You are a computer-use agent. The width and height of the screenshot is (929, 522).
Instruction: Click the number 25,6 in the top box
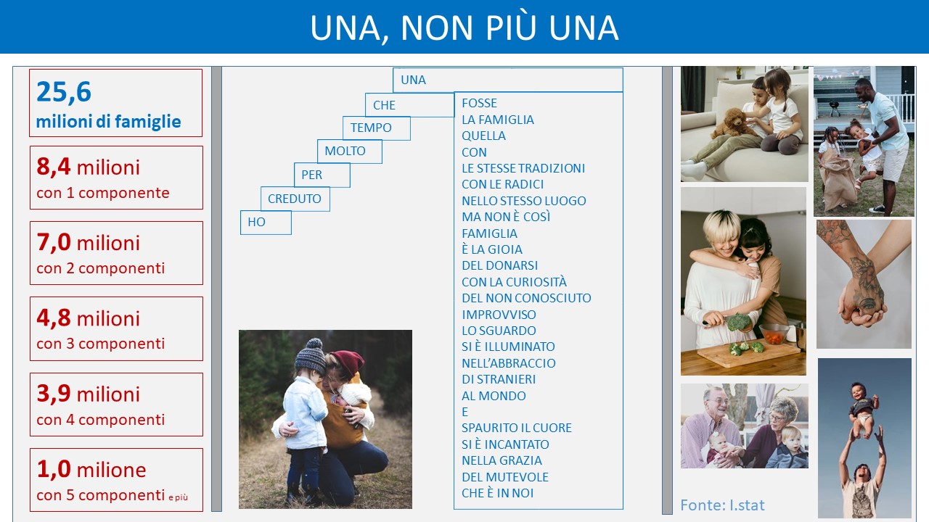63,92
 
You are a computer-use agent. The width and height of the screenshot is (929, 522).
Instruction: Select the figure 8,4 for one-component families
54,167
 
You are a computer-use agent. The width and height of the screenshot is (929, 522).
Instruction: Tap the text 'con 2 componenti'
101,268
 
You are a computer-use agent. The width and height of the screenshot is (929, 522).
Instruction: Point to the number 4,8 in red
54,318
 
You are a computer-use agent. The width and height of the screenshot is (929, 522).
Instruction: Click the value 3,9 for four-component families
54,394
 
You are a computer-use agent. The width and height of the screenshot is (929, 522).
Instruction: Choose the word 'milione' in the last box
112,470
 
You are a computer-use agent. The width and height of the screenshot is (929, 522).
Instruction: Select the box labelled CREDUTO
295,199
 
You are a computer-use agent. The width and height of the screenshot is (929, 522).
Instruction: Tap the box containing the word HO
266,223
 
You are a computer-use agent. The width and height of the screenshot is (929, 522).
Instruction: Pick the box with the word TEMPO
377,128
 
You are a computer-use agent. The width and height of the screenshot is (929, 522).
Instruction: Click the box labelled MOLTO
350,152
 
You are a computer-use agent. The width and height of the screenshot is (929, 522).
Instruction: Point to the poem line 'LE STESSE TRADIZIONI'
523,168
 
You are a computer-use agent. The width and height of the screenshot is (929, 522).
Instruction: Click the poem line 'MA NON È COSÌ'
506,217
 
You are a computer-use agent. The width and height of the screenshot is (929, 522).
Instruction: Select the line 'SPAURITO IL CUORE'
517,428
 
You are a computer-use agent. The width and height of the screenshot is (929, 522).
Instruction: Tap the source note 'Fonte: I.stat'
722,505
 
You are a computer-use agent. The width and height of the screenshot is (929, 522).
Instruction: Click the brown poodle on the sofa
733,123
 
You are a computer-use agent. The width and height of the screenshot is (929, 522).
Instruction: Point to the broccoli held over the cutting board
738,321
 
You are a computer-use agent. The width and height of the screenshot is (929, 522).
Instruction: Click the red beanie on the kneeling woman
347,363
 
